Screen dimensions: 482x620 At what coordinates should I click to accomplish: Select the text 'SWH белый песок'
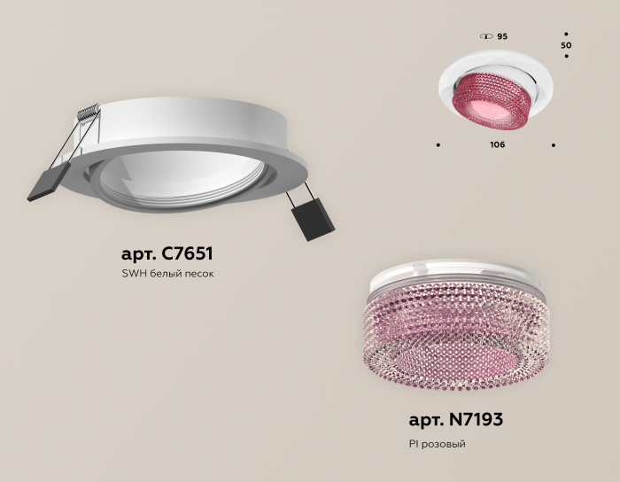(x=167, y=274)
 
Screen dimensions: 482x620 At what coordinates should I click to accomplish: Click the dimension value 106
(x=497, y=144)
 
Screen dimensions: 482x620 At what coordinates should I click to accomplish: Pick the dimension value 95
(x=502, y=36)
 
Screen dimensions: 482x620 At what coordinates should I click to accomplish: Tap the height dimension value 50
(x=567, y=44)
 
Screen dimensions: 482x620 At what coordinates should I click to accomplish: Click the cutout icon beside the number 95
(x=485, y=36)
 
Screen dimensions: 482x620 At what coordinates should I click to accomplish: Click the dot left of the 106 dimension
(x=438, y=144)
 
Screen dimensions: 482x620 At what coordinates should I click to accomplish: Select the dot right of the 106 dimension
(x=554, y=144)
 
